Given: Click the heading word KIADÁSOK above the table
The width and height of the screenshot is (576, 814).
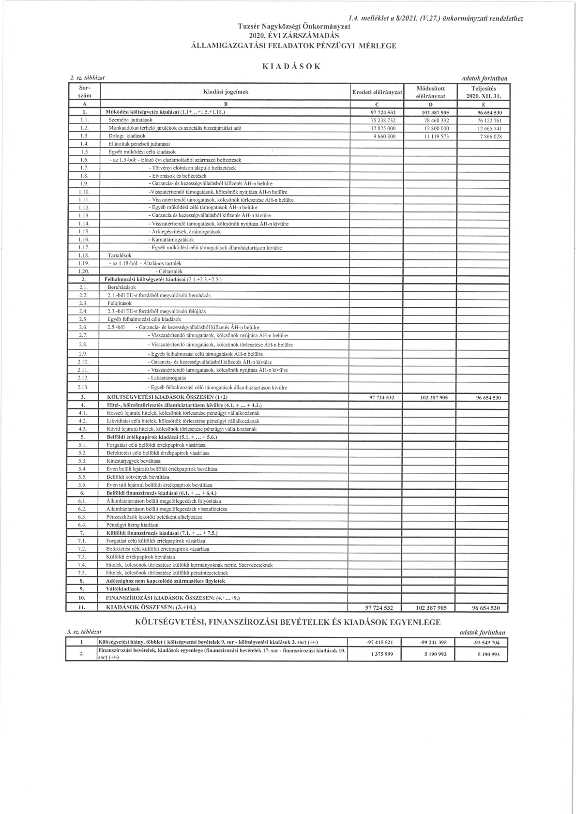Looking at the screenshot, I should click(291, 67).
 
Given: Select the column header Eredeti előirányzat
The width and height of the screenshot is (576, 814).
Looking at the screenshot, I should click(377, 92).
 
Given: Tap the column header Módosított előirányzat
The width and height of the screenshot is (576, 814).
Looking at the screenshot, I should click(430, 92).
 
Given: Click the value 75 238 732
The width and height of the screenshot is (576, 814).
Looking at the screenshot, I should click(383, 120).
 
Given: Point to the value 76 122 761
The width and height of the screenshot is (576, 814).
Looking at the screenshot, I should click(489, 120).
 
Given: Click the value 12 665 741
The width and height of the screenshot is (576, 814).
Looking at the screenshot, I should click(489, 128).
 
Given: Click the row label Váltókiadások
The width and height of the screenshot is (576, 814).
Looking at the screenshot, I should click(123, 589).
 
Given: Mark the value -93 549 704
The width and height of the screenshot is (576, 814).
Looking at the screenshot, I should click(488, 642).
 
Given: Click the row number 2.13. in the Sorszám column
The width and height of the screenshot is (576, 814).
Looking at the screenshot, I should click(83, 387).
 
